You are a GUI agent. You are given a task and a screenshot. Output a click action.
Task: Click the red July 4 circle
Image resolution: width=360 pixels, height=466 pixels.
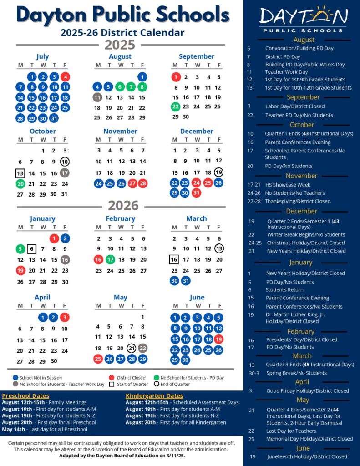(x=65, y=77)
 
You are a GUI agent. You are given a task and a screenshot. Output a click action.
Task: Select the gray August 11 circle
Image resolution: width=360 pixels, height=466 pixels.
(x=97, y=97)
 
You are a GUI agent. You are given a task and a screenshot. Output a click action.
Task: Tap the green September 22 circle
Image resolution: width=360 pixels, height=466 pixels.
(x=176, y=106)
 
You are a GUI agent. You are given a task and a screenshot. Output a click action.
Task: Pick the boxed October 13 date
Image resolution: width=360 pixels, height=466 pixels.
(x=20, y=173)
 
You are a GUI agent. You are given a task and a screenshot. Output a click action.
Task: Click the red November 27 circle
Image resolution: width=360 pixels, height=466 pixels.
(x=132, y=183)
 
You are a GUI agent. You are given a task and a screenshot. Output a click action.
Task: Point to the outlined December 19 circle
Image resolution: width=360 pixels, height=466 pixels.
(x=218, y=172)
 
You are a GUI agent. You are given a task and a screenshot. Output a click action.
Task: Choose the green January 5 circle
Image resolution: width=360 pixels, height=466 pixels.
(x=20, y=249)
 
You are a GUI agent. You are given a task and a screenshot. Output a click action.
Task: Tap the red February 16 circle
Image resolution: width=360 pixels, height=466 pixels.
(x=98, y=260)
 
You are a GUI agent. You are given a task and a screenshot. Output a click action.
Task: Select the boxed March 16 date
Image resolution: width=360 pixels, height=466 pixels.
(x=174, y=260)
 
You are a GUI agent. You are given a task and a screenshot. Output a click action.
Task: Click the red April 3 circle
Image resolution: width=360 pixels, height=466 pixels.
(x=65, y=318)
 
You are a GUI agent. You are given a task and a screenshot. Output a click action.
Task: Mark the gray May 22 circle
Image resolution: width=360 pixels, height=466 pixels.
(x=142, y=348)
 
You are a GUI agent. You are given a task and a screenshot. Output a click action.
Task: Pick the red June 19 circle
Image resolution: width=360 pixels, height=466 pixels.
(x=218, y=339)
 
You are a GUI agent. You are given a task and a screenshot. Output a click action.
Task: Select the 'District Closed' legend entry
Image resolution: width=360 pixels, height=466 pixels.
(x=130, y=378)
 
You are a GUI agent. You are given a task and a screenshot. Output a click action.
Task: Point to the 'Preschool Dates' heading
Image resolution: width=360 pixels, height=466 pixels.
(x=26, y=395)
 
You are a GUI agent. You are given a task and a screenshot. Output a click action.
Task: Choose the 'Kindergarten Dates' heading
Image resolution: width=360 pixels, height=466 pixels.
(x=154, y=395)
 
